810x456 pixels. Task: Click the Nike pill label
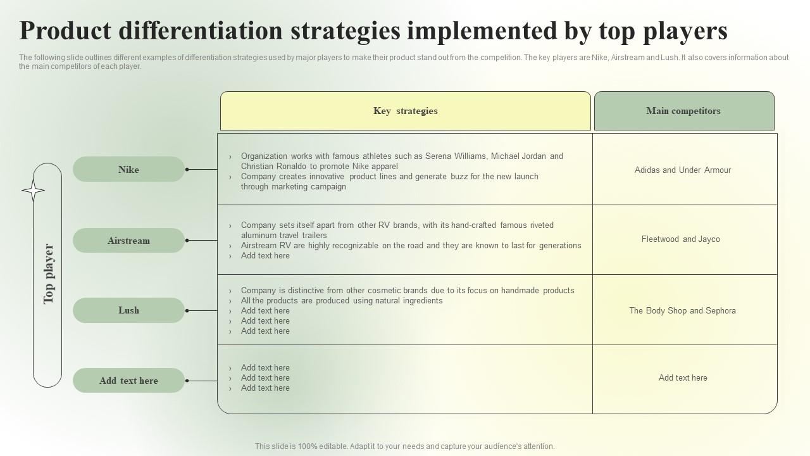(x=128, y=170)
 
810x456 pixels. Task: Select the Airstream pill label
(x=128, y=241)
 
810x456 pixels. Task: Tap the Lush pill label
(x=128, y=310)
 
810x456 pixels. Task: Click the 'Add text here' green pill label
(x=128, y=381)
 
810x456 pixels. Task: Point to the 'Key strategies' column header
(x=405, y=111)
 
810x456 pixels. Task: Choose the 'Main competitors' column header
(x=683, y=111)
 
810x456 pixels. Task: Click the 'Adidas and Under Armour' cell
(x=682, y=170)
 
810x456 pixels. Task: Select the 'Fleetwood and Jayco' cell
(x=680, y=239)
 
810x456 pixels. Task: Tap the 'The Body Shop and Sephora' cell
(x=682, y=311)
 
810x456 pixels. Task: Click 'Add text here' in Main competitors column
(x=682, y=378)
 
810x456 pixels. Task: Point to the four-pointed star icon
(x=33, y=191)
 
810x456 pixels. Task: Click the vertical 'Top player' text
(x=49, y=274)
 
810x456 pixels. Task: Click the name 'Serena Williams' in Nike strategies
(x=456, y=156)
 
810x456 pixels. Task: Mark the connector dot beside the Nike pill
(x=187, y=169)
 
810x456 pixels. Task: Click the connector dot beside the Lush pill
(x=187, y=310)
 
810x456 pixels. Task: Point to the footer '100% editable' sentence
(x=404, y=446)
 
